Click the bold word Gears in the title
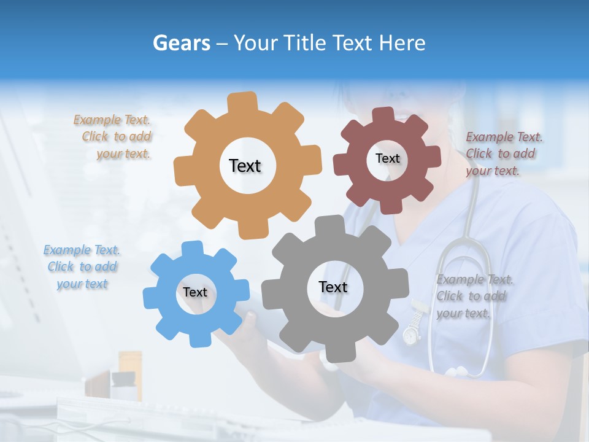[x=182, y=43]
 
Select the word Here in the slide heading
[x=402, y=43]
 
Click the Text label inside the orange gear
[x=245, y=166]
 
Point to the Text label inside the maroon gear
[x=387, y=158]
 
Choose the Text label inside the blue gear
[x=195, y=292]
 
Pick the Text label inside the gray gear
[x=333, y=287]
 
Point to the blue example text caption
[x=82, y=267]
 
